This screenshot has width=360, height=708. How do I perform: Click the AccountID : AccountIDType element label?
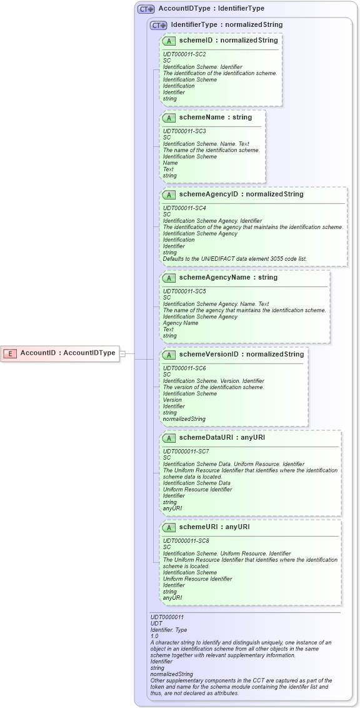click(67, 353)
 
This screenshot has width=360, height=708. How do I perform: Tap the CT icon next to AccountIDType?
click(146, 9)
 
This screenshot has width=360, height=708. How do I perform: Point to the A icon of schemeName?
click(169, 118)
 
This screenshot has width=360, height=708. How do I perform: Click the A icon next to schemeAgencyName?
click(169, 278)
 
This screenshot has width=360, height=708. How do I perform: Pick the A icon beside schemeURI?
click(169, 527)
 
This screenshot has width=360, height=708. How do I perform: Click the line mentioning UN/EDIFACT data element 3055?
click(235, 258)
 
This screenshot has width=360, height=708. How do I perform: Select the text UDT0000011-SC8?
click(186, 540)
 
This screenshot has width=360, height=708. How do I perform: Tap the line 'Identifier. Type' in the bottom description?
click(169, 630)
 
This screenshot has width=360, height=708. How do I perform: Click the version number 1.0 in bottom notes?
click(154, 636)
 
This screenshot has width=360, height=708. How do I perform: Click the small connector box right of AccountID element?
click(122, 353)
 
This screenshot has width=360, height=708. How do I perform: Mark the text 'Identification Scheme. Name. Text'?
click(206, 144)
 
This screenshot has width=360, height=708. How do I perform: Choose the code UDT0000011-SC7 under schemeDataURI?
click(186, 451)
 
